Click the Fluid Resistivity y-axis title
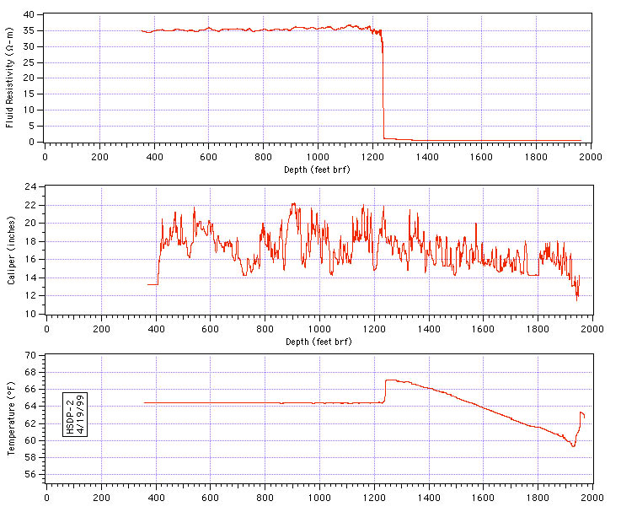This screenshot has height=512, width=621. point(9,78)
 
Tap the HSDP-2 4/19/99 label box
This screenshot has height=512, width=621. point(75,414)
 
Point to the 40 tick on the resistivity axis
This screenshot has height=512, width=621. point(29,14)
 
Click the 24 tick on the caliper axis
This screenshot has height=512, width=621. point(29,186)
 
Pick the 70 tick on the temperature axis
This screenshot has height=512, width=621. point(29,355)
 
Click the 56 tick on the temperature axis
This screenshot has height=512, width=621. point(29,475)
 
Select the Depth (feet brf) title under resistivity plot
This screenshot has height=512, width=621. point(317,170)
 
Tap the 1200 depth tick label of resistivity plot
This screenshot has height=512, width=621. point(372,157)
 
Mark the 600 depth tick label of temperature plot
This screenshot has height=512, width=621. point(209,497)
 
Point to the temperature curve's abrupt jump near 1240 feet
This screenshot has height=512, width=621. point(385,391)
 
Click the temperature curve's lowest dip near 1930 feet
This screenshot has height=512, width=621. point(573,445)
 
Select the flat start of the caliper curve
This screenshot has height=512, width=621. point(153,284)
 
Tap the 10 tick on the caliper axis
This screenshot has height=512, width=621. point(29,314)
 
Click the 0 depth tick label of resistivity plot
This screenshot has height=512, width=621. point(45,157)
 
